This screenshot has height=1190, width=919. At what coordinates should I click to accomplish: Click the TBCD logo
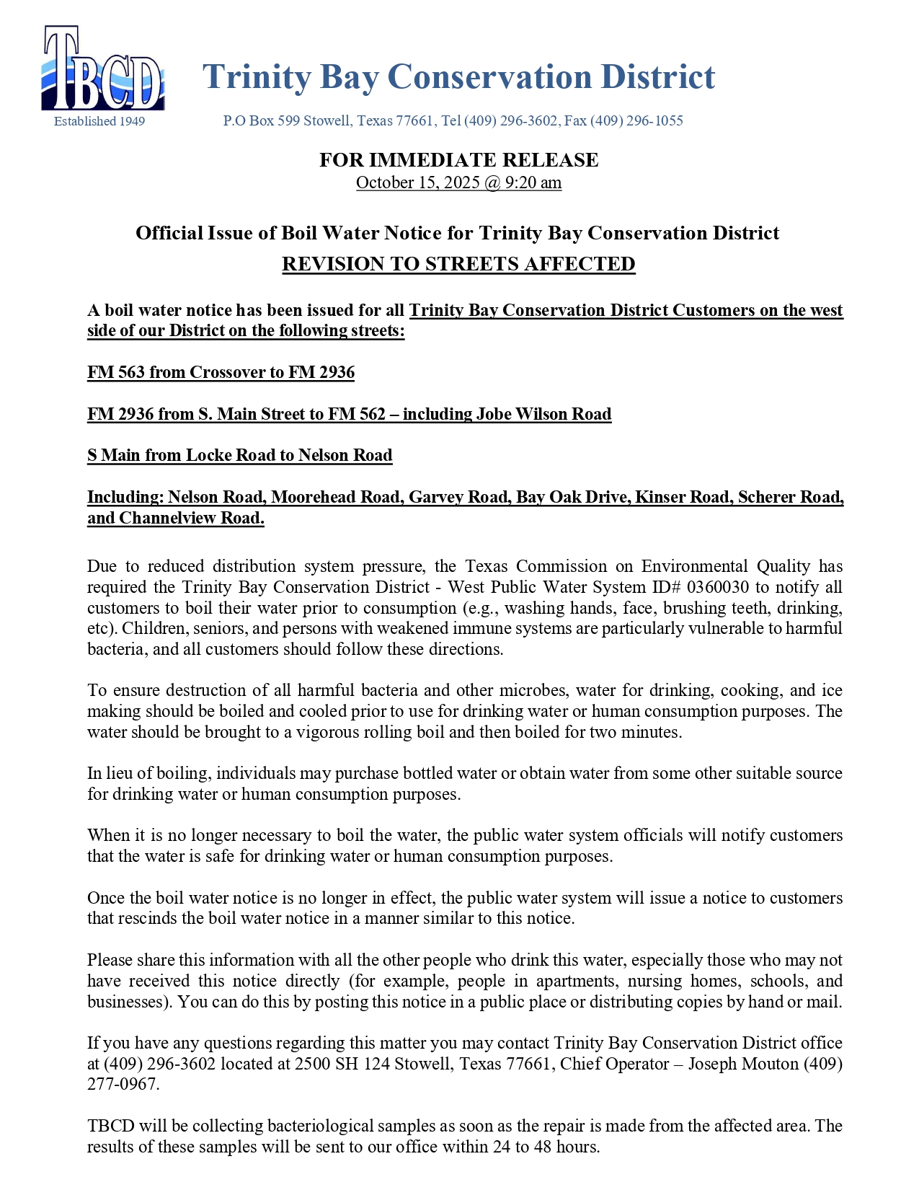point(103,69)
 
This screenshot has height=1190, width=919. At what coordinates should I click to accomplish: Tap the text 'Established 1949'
point(99,121)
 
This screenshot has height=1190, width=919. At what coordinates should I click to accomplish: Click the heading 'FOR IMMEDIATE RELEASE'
point(458,159)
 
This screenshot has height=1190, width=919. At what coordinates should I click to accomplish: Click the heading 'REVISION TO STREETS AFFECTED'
point(458,264)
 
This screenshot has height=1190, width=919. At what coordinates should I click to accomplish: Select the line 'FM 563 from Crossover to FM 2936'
point(221,372)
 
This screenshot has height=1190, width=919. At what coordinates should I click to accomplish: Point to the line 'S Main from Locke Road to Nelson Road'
point(240,455)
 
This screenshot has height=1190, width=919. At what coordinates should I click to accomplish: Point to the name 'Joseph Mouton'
point(743,1064)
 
